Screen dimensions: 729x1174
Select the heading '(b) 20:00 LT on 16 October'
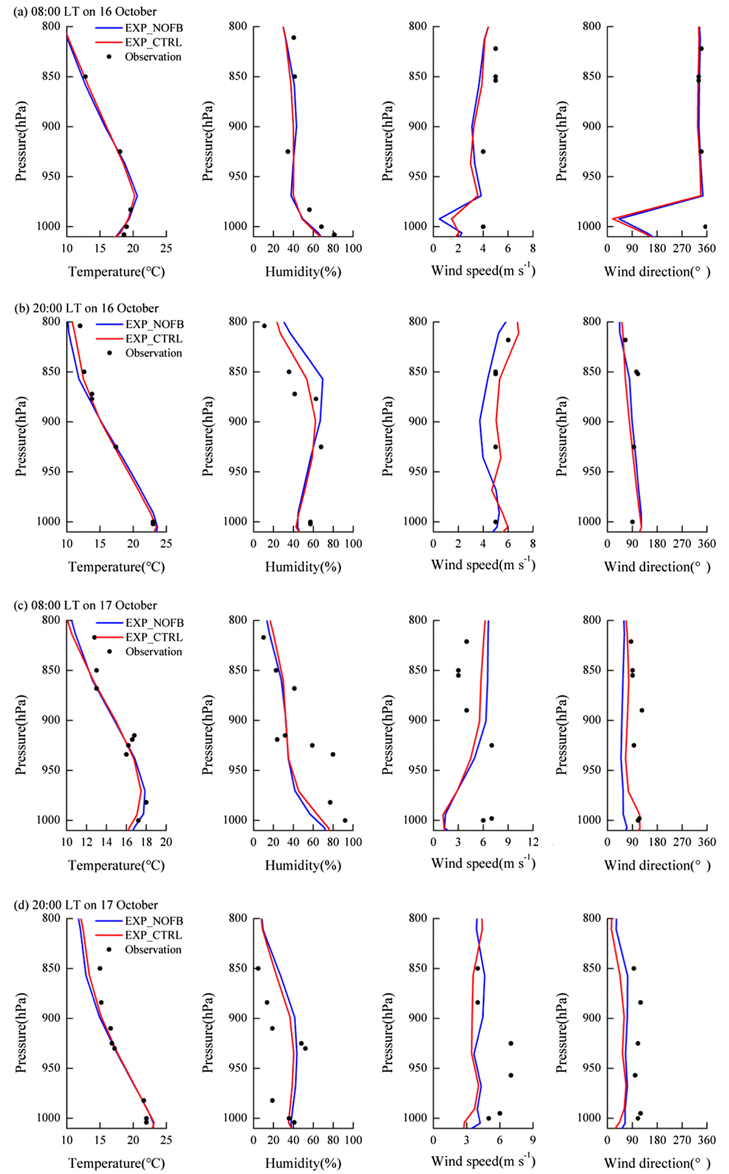pos(86,308)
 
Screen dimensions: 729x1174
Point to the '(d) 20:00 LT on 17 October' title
pos(86,904)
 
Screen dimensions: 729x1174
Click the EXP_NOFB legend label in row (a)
pos(154,28)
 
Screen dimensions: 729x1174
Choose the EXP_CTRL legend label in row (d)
pos(154,935)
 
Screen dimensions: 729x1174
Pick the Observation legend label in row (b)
pos(154,353)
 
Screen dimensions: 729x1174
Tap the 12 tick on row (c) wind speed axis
pos(533,842)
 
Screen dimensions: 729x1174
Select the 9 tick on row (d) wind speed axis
pos(533,1141)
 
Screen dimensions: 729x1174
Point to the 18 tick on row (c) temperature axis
pos(146,842)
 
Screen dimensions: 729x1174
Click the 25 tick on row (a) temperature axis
pos(166,248)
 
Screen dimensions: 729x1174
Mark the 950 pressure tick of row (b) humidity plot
pos(239,471)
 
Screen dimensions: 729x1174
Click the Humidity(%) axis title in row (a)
pos(303,271)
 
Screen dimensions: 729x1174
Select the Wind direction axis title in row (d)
pos(657,1163)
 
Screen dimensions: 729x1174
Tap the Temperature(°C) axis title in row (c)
pos(117,865)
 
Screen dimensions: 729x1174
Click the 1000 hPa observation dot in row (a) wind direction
pos(705,227)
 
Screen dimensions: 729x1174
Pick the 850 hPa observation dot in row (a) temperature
pos(85,77)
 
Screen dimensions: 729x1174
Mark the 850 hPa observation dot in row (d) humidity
pos(258,968)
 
